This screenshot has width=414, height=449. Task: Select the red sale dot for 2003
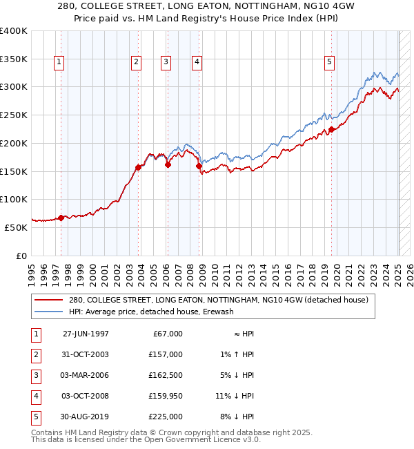pos(139,167)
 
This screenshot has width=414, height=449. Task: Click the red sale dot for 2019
pos(331,129)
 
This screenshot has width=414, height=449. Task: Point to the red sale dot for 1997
pos(61,218)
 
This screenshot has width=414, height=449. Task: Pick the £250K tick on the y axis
pos(14,115)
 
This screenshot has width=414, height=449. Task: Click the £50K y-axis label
pos(17,227)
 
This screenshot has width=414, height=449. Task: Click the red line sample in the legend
pos(48,300)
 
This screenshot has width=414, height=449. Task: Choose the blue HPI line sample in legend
pos(48,312)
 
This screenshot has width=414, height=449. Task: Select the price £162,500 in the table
pos(166,376)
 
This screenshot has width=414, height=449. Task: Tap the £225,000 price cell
pos(166,417)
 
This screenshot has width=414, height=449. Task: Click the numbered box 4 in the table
pos(34,397)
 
